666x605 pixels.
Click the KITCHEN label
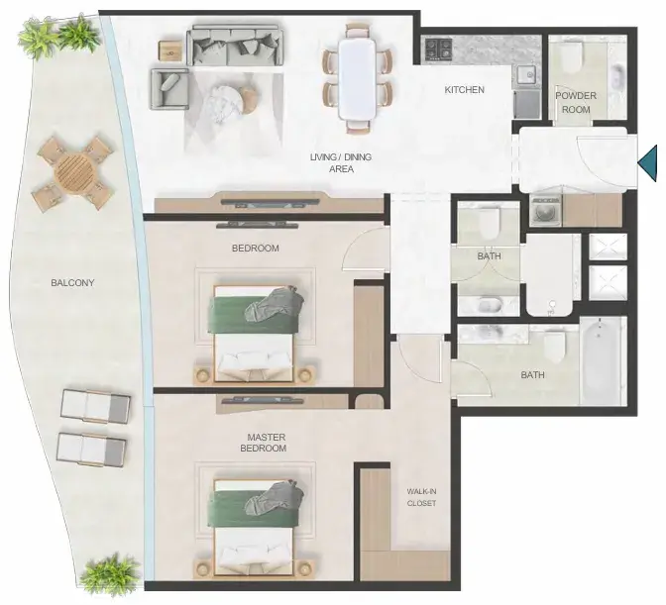pos(464,89)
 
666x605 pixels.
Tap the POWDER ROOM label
pos(576,102)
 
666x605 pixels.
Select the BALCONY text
pos(72,282)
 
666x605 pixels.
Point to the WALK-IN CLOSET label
pos(421,497)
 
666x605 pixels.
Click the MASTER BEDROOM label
pos(264,443)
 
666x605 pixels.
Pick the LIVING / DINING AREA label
pos(341,163)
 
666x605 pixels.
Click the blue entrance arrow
pos(647,163)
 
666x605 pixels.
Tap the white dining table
pos(357,79)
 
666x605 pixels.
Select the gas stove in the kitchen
pos(439,49)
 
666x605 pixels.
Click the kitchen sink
pos(528,76)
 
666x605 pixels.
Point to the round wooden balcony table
pos(74,172)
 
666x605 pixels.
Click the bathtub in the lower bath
pos(599,360)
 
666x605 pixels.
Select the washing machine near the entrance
pos(546,210)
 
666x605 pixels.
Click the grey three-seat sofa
pos(235,46)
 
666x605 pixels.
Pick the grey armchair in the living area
pos(169,89)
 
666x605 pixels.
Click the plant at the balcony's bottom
pos(109,574)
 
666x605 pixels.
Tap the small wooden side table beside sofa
pos(171,50)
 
